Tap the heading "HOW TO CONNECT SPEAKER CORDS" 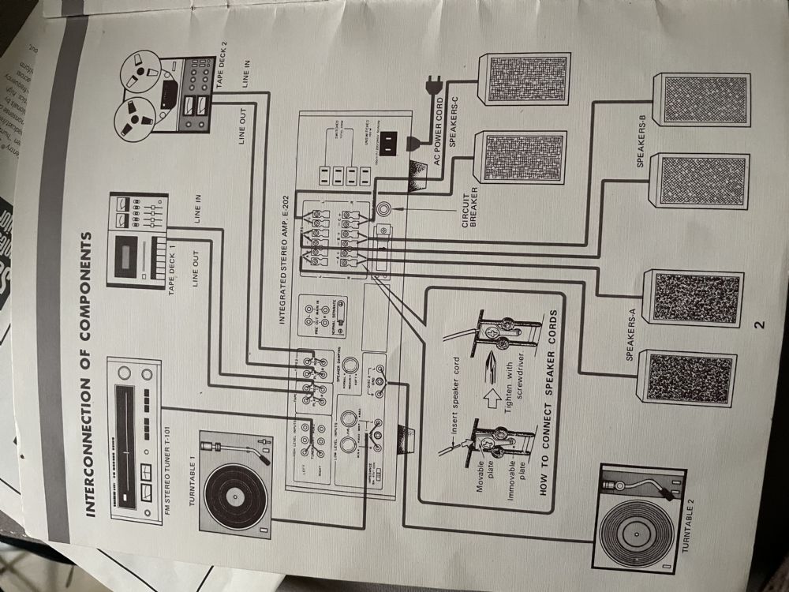(551, 403)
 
